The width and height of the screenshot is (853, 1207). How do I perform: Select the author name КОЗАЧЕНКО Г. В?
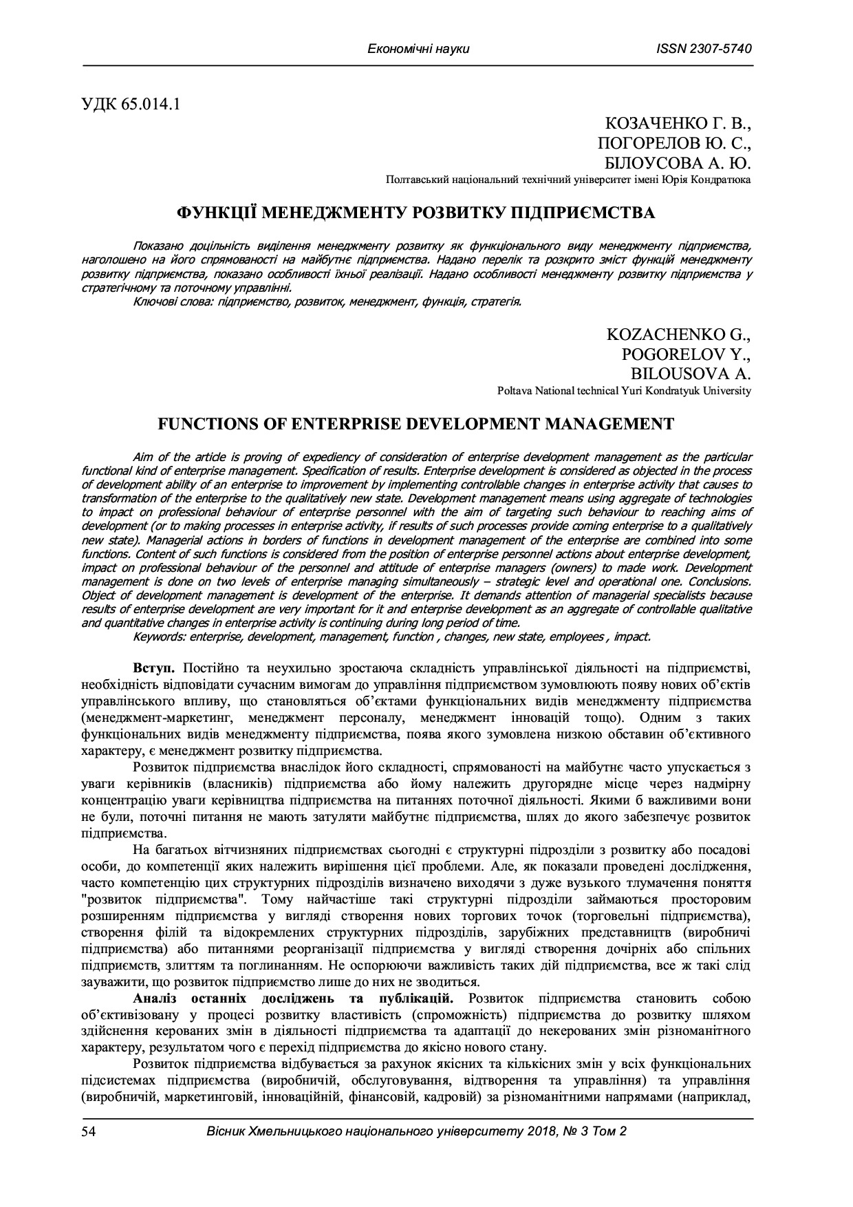678,125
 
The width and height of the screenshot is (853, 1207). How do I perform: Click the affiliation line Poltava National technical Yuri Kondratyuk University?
624,391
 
